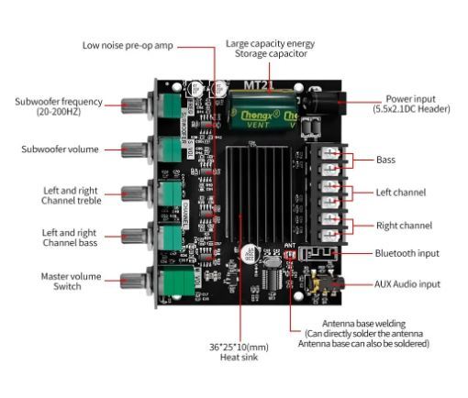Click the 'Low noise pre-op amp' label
coord(127,44)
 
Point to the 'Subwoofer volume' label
coord(60,149)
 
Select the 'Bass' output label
coord(386,160)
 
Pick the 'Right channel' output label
coord(404,225)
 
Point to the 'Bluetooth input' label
coord(407,253)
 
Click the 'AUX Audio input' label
coord(407,284)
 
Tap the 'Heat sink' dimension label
coord(240,351)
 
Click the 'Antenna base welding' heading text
coord(363,324)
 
